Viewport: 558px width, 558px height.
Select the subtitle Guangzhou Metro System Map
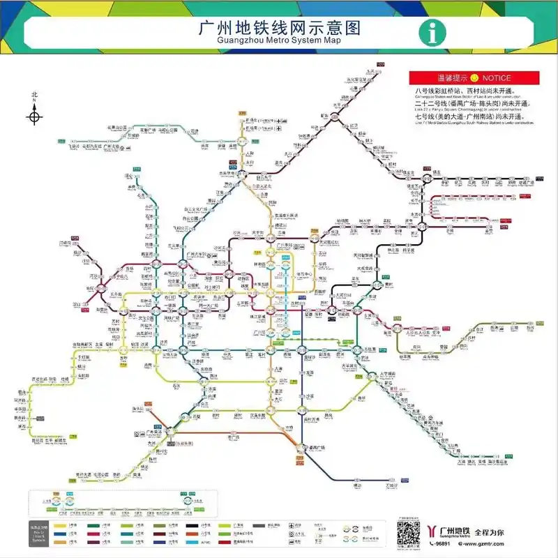coord(279,41)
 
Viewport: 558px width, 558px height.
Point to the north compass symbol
coord(34,112)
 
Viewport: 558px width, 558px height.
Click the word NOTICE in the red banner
coord(496,78)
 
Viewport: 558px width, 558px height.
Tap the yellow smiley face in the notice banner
coord(474,78)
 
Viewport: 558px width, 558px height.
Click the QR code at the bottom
coord(408,533)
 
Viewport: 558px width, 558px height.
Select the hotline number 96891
coord(441,544)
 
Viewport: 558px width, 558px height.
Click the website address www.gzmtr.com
coord(496,544)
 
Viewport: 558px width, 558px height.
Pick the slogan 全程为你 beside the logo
coord(492,531)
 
